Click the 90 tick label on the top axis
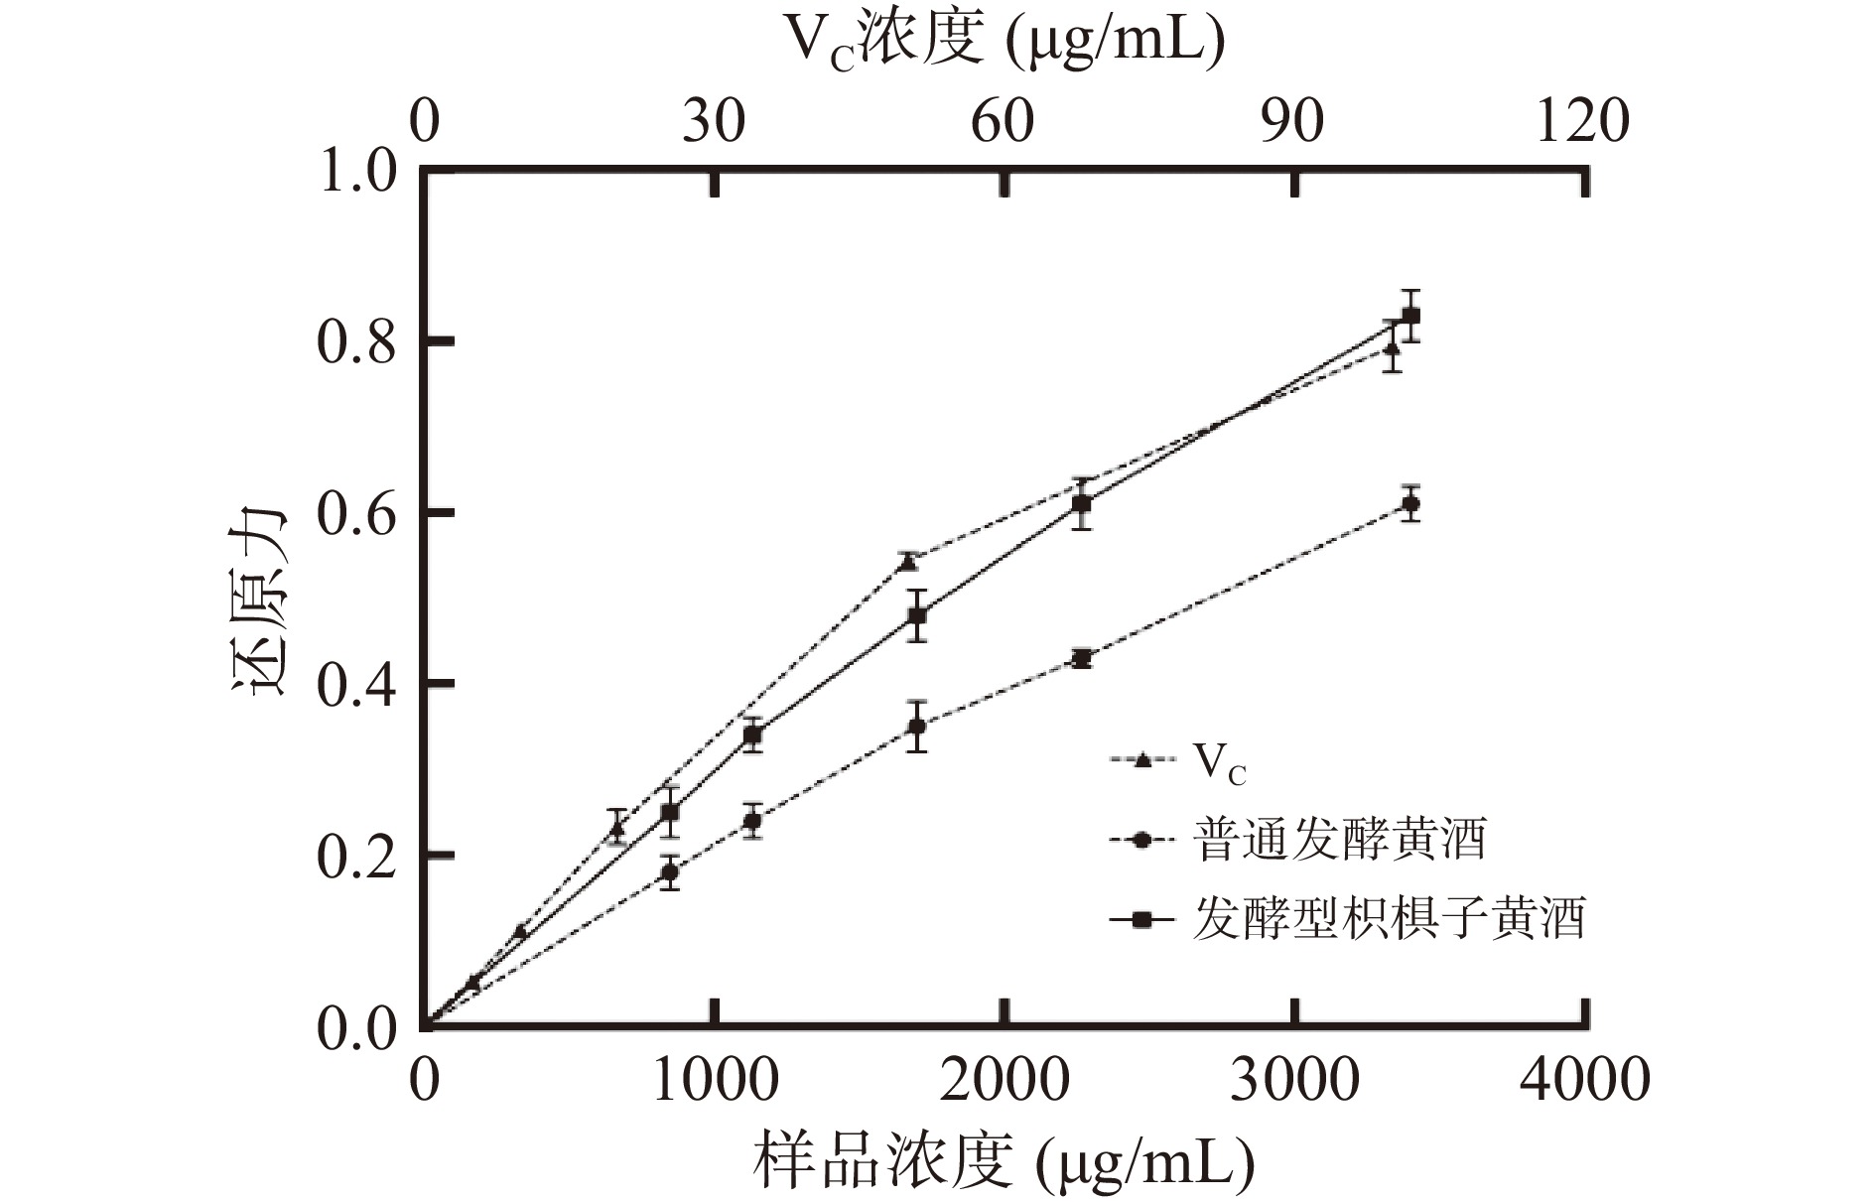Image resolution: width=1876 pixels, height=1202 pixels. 1294,123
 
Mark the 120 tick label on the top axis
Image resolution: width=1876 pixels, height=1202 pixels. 1582,123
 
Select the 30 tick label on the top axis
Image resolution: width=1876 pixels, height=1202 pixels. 714,123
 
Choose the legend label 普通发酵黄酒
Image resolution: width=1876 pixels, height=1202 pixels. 1339,841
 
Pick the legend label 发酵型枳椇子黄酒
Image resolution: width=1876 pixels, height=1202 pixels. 1389,919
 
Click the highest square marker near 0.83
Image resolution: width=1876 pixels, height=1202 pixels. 1410,317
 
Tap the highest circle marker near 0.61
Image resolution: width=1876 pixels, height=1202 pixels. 1410,504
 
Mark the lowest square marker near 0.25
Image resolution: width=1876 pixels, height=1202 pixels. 670,813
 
